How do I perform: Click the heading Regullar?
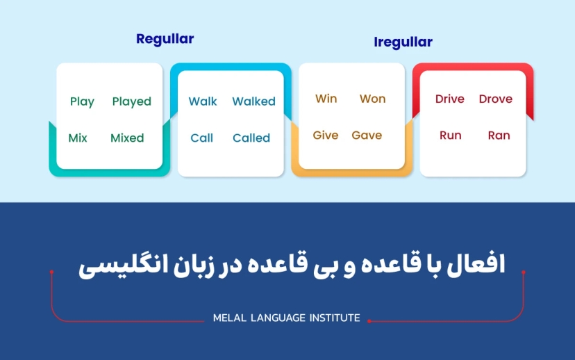pos(165,39)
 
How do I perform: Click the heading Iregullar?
pos(403,42)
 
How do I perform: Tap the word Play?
pos(82,101)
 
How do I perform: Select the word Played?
pos(131,101)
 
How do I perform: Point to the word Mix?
pos(78,138)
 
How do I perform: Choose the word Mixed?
pos(127,138)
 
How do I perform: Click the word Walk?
pos(203,101)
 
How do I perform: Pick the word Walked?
pos(253,101)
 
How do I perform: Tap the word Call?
pos(201,138)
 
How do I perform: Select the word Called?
pos(251,138)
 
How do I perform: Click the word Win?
pos(326,99)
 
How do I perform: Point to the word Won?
pos(372,99)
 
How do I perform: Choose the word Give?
pos(325,135)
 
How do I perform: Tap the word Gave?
pos(367,135)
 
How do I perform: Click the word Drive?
pos(449,99)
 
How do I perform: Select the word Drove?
pos(495,99)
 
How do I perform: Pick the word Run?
pos(450,135)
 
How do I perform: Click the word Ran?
pos(499,135)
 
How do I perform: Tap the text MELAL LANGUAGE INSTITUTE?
pos(287,318)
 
